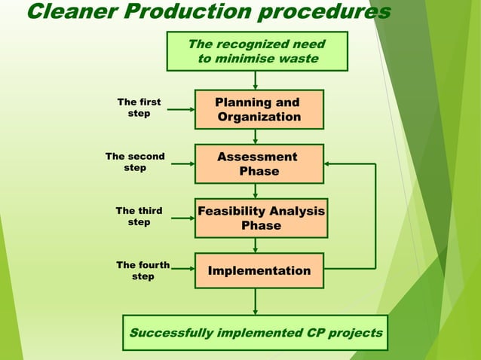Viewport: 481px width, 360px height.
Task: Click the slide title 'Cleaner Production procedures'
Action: pyautogui.click(x=208, y=12)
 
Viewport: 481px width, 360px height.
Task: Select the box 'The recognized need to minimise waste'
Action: pyautogui.click(x=256, y=51)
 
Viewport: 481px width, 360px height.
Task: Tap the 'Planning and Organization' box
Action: pyautogui.click(x=259, y=110)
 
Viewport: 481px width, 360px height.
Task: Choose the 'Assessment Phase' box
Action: pyautogui.click(x=259, y=163)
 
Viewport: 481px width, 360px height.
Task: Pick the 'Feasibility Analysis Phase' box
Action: pyautogui.click(x=260, y=218)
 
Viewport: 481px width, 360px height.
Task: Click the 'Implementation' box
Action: pyautogui.click(x=259, y=270)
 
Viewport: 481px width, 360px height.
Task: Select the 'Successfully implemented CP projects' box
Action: pyautogui.click(x=256, y=333)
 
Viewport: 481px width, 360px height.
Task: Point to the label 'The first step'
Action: pyautogui.click(x=139, y=108)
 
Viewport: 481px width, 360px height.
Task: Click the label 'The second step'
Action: pyautogui.click(x=135, y=162)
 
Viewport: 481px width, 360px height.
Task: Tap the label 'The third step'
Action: pyautogui.click(x=139, y=217)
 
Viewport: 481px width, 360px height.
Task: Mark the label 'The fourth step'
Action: pyautogui.click(x=142, y=270)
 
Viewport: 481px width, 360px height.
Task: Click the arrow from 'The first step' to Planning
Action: pyautogui.click(x=180, y=109)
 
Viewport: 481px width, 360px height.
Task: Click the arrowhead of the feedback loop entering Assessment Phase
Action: pyautogui.click(x=329, y=163)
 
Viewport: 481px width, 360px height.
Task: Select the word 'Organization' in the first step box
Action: pyautogui.click(x=259, y=117)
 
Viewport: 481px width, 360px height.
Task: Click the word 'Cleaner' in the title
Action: pyautogui.click(x=66, y=12)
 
